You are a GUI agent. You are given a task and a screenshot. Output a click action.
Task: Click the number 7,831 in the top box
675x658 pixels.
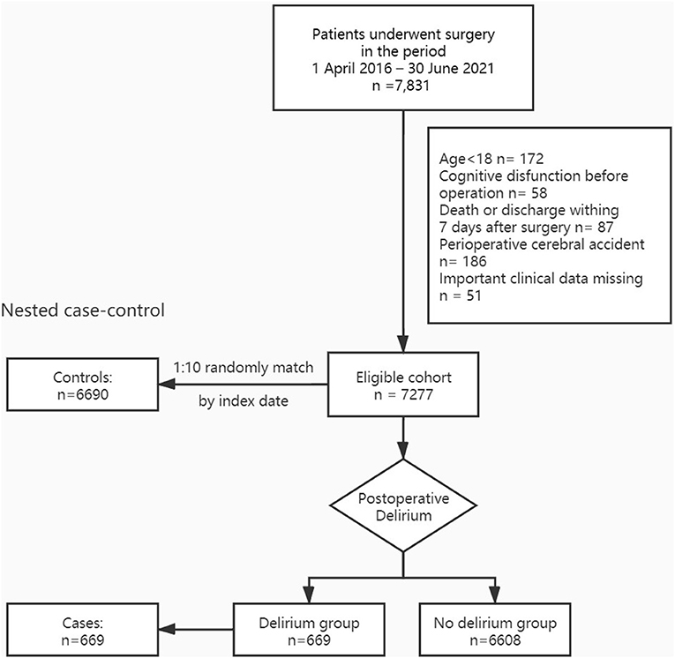410,86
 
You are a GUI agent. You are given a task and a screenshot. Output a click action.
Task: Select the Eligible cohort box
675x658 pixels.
403,385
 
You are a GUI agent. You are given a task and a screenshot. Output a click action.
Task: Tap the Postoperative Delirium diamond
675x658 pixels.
403,505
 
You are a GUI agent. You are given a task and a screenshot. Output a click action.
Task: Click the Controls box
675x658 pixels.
83,385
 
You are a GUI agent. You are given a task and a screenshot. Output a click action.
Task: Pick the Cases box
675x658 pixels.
83,630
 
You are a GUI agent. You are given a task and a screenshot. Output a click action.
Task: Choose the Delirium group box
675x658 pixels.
309,630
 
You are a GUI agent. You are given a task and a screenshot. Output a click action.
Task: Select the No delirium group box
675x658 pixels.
495,630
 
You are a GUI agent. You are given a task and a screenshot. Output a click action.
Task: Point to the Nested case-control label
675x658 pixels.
83,310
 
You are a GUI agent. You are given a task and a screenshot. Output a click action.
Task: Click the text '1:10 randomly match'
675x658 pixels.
244,368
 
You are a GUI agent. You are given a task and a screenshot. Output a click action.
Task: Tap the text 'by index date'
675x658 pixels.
244,401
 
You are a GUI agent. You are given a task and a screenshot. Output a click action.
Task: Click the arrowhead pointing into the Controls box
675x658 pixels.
167,385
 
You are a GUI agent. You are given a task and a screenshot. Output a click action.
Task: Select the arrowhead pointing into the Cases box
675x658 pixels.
167,629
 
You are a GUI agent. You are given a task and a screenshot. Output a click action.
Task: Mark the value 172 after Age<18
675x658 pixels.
531,159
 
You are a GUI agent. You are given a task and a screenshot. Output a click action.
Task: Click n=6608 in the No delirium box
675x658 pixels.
495,640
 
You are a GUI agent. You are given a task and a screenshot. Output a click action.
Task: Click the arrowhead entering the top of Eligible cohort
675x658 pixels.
403,343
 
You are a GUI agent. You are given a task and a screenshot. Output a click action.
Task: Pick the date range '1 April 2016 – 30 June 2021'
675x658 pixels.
403,69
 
